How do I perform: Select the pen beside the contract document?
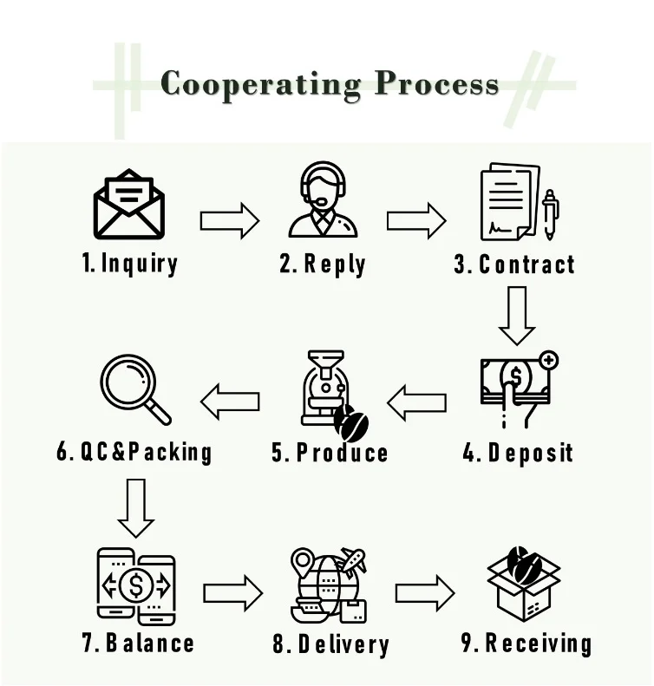pos(550,216)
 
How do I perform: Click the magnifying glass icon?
pos(134,389)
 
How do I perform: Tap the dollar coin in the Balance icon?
pos(136,585)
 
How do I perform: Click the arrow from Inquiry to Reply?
pos(230,219)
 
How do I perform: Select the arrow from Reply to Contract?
pos(416,219)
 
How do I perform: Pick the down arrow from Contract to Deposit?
pos(517,316)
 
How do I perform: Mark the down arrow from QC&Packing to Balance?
pos(136,507)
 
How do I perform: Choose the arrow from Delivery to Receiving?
pos(425,593)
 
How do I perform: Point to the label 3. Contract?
pos(514,264)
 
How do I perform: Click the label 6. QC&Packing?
pos(134,452)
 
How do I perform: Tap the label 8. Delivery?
pos(330,644)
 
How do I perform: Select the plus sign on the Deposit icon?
pos(548,359)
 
